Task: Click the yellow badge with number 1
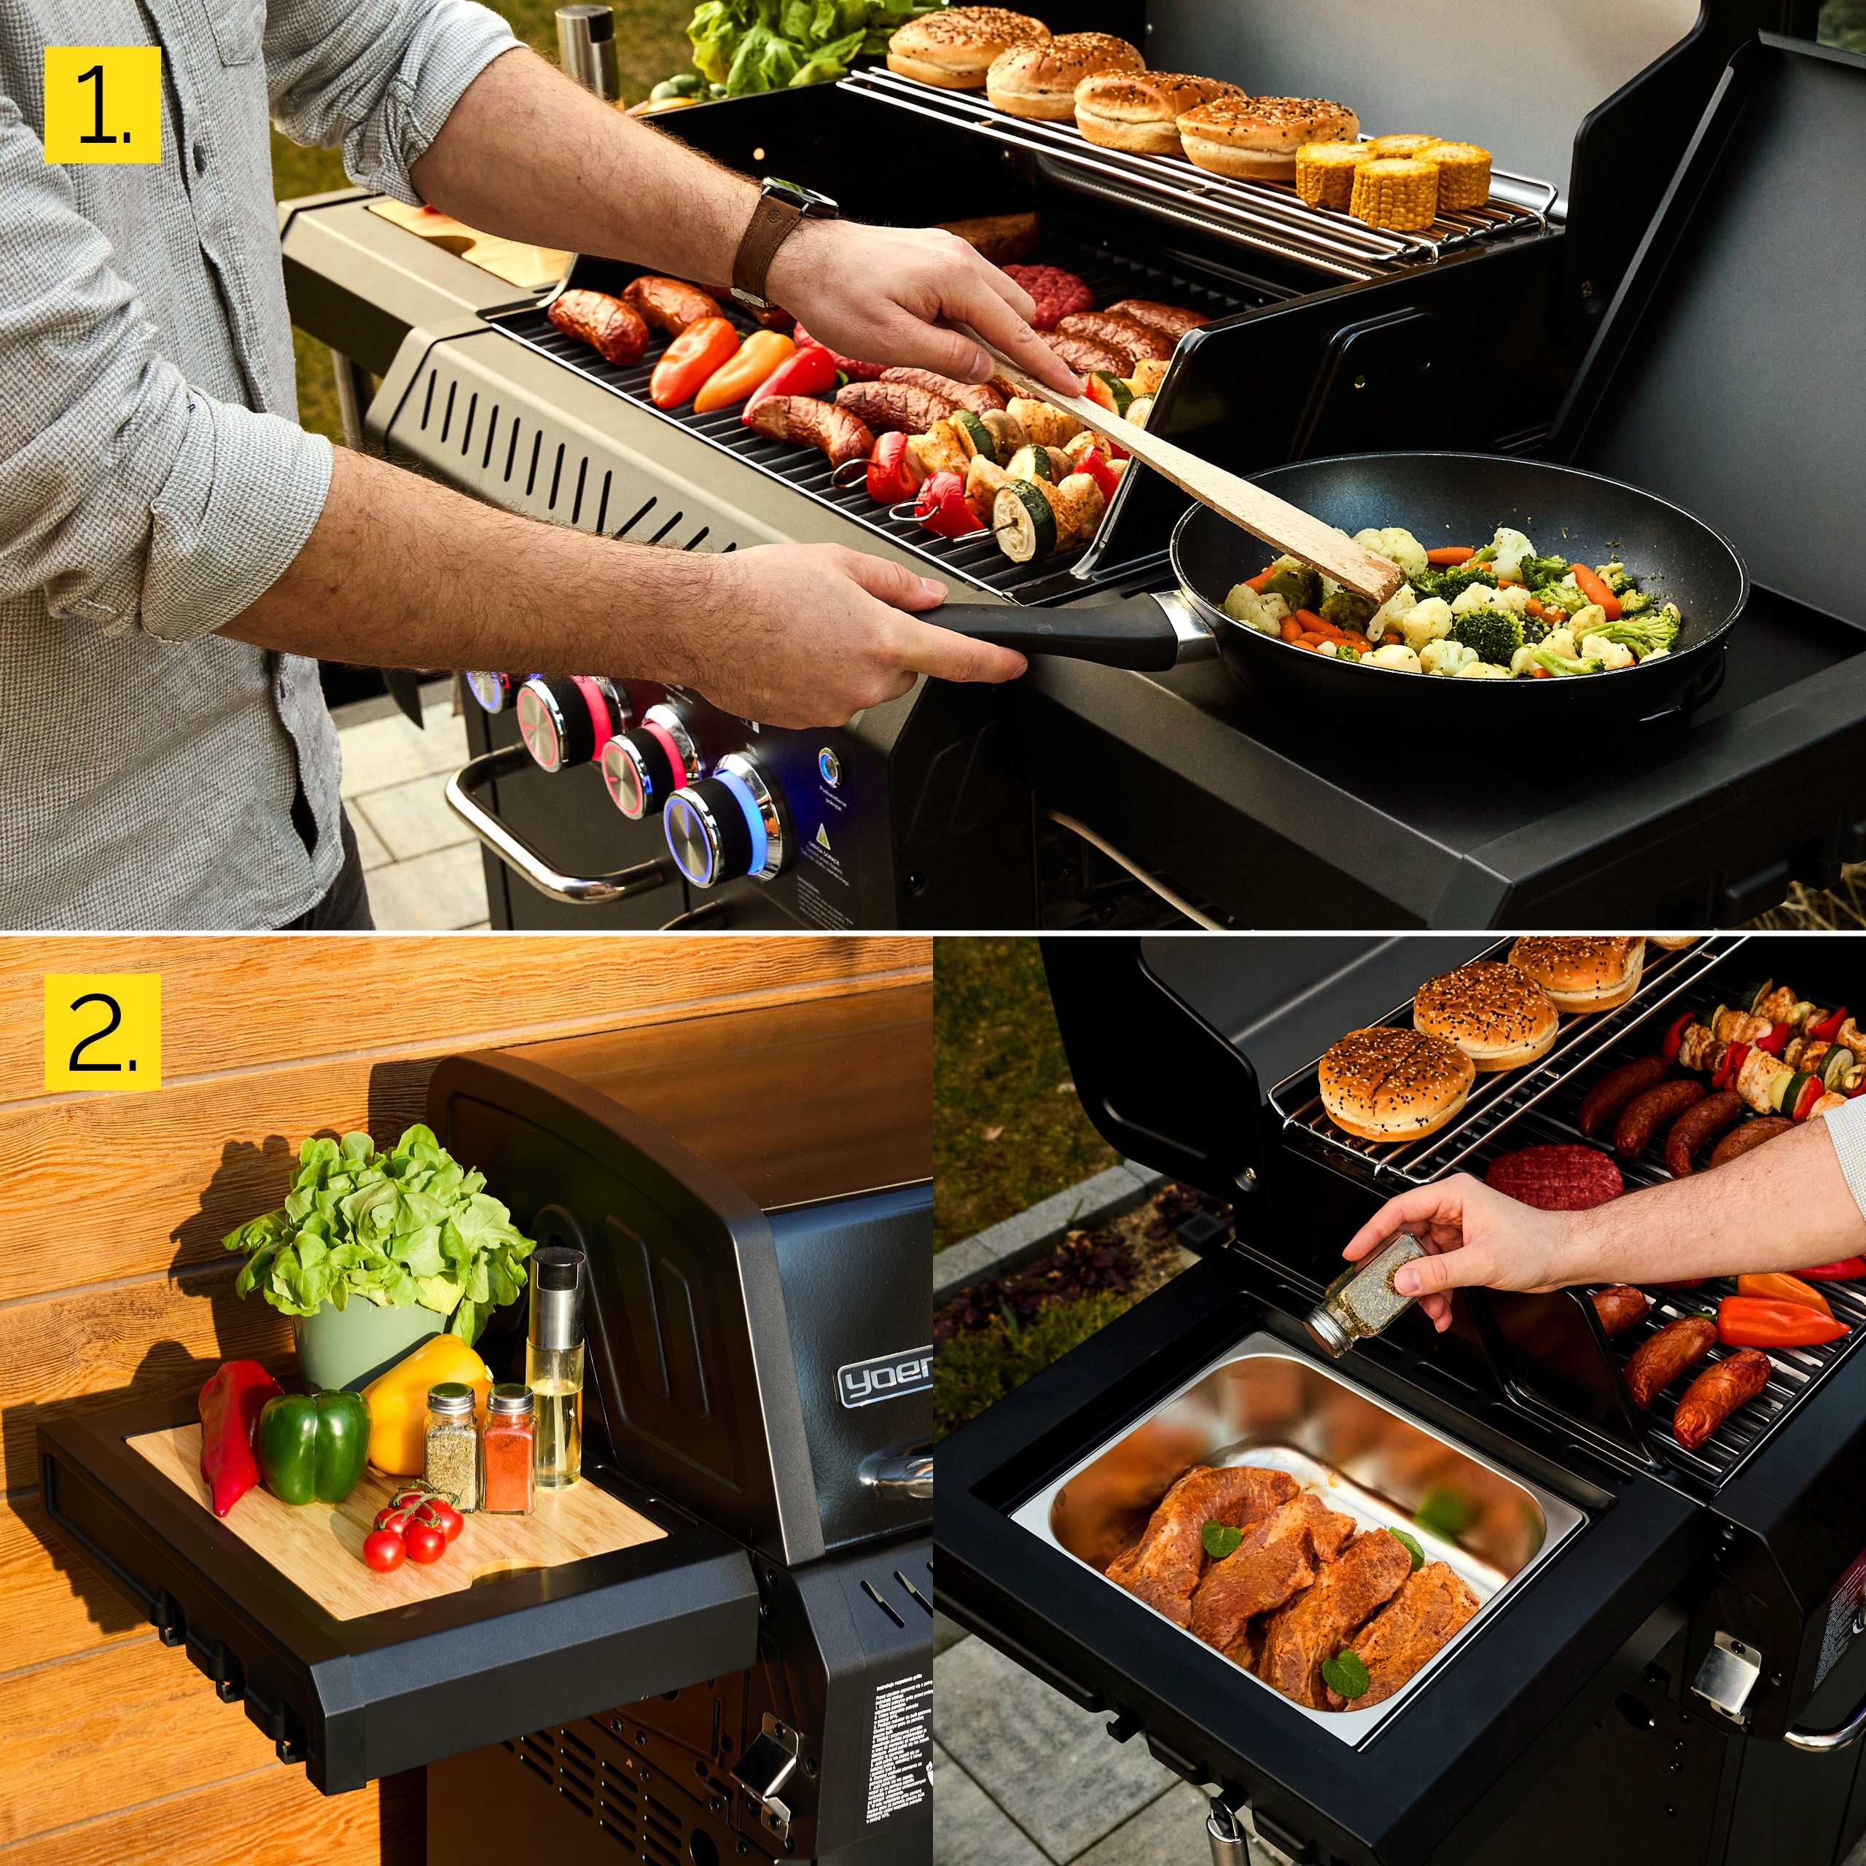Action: point(102,104)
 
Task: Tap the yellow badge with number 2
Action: point(102,1031)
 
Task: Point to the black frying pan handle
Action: point(1053,632)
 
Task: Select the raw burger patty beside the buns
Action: point(1553,1176)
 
